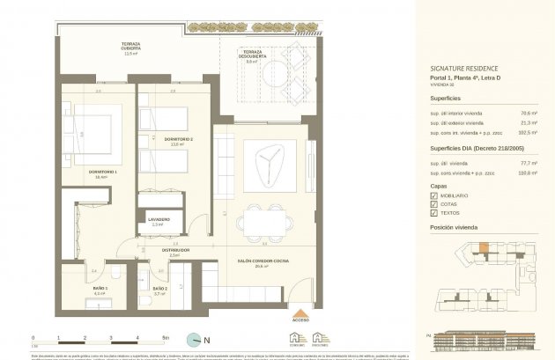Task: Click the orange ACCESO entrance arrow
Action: tap(301, 314)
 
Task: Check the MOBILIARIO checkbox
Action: tap(433, 195)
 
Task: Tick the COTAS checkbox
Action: tap(433, 203)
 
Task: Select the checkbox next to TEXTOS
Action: tap(433, 213)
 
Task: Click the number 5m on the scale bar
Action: tap(165, 336)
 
